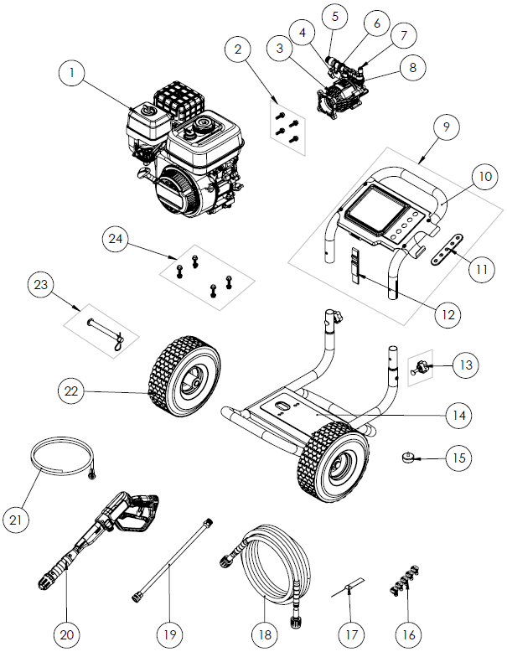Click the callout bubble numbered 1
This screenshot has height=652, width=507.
coord(73,75)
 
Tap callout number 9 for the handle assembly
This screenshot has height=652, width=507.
coord(446,127)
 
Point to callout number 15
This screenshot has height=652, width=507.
coord(458,458)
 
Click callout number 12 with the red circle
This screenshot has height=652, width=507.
coord(448,314)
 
